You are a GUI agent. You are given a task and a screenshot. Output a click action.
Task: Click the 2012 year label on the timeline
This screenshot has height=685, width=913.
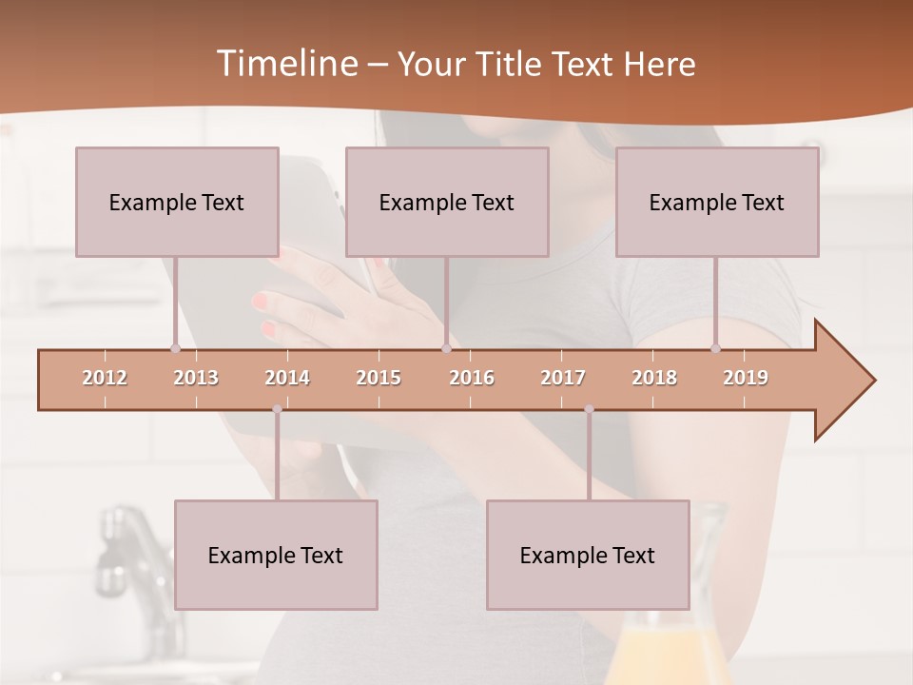pos(105,378)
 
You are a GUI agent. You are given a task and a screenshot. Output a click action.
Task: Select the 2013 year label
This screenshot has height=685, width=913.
pos(196,378)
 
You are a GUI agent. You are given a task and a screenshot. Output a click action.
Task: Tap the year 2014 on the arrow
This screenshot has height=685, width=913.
pos(287,378)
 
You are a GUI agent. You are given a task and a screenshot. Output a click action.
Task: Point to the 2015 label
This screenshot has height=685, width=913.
pos(379,378)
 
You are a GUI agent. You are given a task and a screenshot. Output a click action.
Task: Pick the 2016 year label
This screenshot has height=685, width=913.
pos(472,378)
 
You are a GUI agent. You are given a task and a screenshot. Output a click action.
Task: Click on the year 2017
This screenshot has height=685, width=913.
pos(563,378)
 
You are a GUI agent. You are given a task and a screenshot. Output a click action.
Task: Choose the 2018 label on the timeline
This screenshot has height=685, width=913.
pos(654,378)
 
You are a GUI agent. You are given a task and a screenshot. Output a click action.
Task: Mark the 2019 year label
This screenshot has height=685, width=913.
pos(746,378)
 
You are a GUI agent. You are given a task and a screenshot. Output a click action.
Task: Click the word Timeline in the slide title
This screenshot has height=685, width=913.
pos(285,64)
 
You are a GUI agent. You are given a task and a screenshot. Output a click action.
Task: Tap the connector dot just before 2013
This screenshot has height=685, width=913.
pos(175,348)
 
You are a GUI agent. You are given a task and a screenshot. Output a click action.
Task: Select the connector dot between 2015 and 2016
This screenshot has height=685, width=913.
pos(446,348)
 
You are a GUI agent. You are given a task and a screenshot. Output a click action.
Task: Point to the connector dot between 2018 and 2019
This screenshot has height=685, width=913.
pos(715,348)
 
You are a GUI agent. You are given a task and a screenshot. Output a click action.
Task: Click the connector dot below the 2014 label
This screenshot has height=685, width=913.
pos(277,409)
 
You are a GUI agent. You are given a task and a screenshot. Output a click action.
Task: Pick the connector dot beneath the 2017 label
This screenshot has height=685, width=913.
pos(589,409)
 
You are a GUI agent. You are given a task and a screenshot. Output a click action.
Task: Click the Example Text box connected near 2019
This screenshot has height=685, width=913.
pos(717,202)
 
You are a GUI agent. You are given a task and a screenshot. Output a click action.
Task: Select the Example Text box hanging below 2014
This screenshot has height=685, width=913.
pos(276,555)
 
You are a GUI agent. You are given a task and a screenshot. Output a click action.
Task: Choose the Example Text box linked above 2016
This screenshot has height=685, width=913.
pos(447,202)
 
